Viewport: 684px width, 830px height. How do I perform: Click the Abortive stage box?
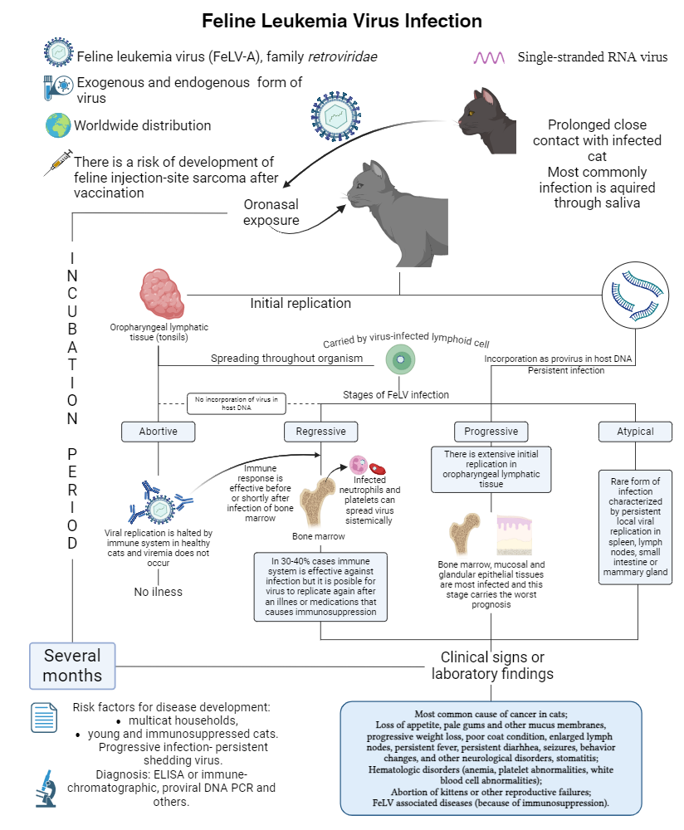[x=159, y=432]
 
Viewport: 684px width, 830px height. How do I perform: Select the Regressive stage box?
[x=320, y=432]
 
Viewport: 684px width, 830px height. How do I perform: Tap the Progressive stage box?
[x=491, y=432]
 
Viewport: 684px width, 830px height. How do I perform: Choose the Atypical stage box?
[x=635, y=432]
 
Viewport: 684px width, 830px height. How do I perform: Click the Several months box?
[x=72, y=666]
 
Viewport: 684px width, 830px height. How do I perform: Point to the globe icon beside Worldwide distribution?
[x=58, y=125]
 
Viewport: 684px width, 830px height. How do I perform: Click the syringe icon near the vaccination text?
[x=58, y=163]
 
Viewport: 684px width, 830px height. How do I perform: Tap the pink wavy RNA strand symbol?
[x=489, y=57]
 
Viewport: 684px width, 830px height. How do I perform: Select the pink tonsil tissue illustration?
[x=162, y=294]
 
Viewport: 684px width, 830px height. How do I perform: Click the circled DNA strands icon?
[x=635, y=295]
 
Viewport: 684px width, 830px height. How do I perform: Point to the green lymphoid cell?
[x=400, y=360]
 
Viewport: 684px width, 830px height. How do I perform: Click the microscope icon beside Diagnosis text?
[x=46, y=788]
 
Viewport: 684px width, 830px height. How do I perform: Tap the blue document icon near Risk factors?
[x=44, y=718]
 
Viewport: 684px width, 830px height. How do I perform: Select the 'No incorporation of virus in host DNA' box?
[x=237, y=403]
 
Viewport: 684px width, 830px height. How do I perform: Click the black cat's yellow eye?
[x=470, y=112]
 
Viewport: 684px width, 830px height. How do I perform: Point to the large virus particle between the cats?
[x=335, y=116]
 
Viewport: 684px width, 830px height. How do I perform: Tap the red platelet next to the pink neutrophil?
[x=378, y=468]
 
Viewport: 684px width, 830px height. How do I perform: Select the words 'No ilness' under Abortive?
[x=159, y=592]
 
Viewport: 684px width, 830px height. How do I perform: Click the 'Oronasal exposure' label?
[x=271, y=212]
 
